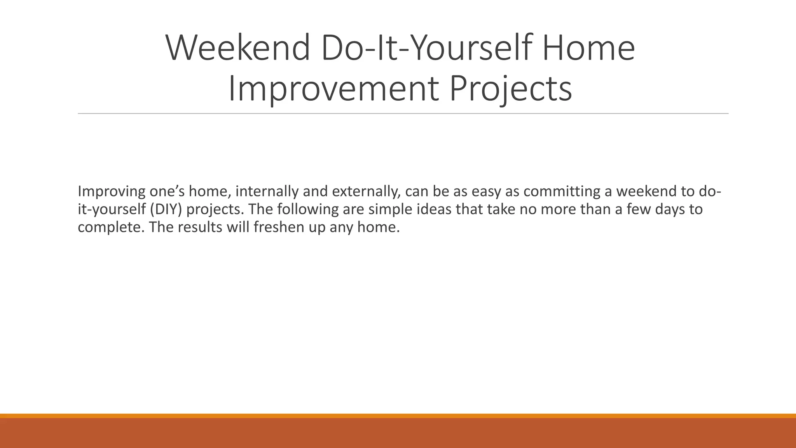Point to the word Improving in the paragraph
point(111,191)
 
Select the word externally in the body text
point(366,191)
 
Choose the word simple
point(390,209)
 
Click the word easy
point(486,191)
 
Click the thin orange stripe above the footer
point(398,416)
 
